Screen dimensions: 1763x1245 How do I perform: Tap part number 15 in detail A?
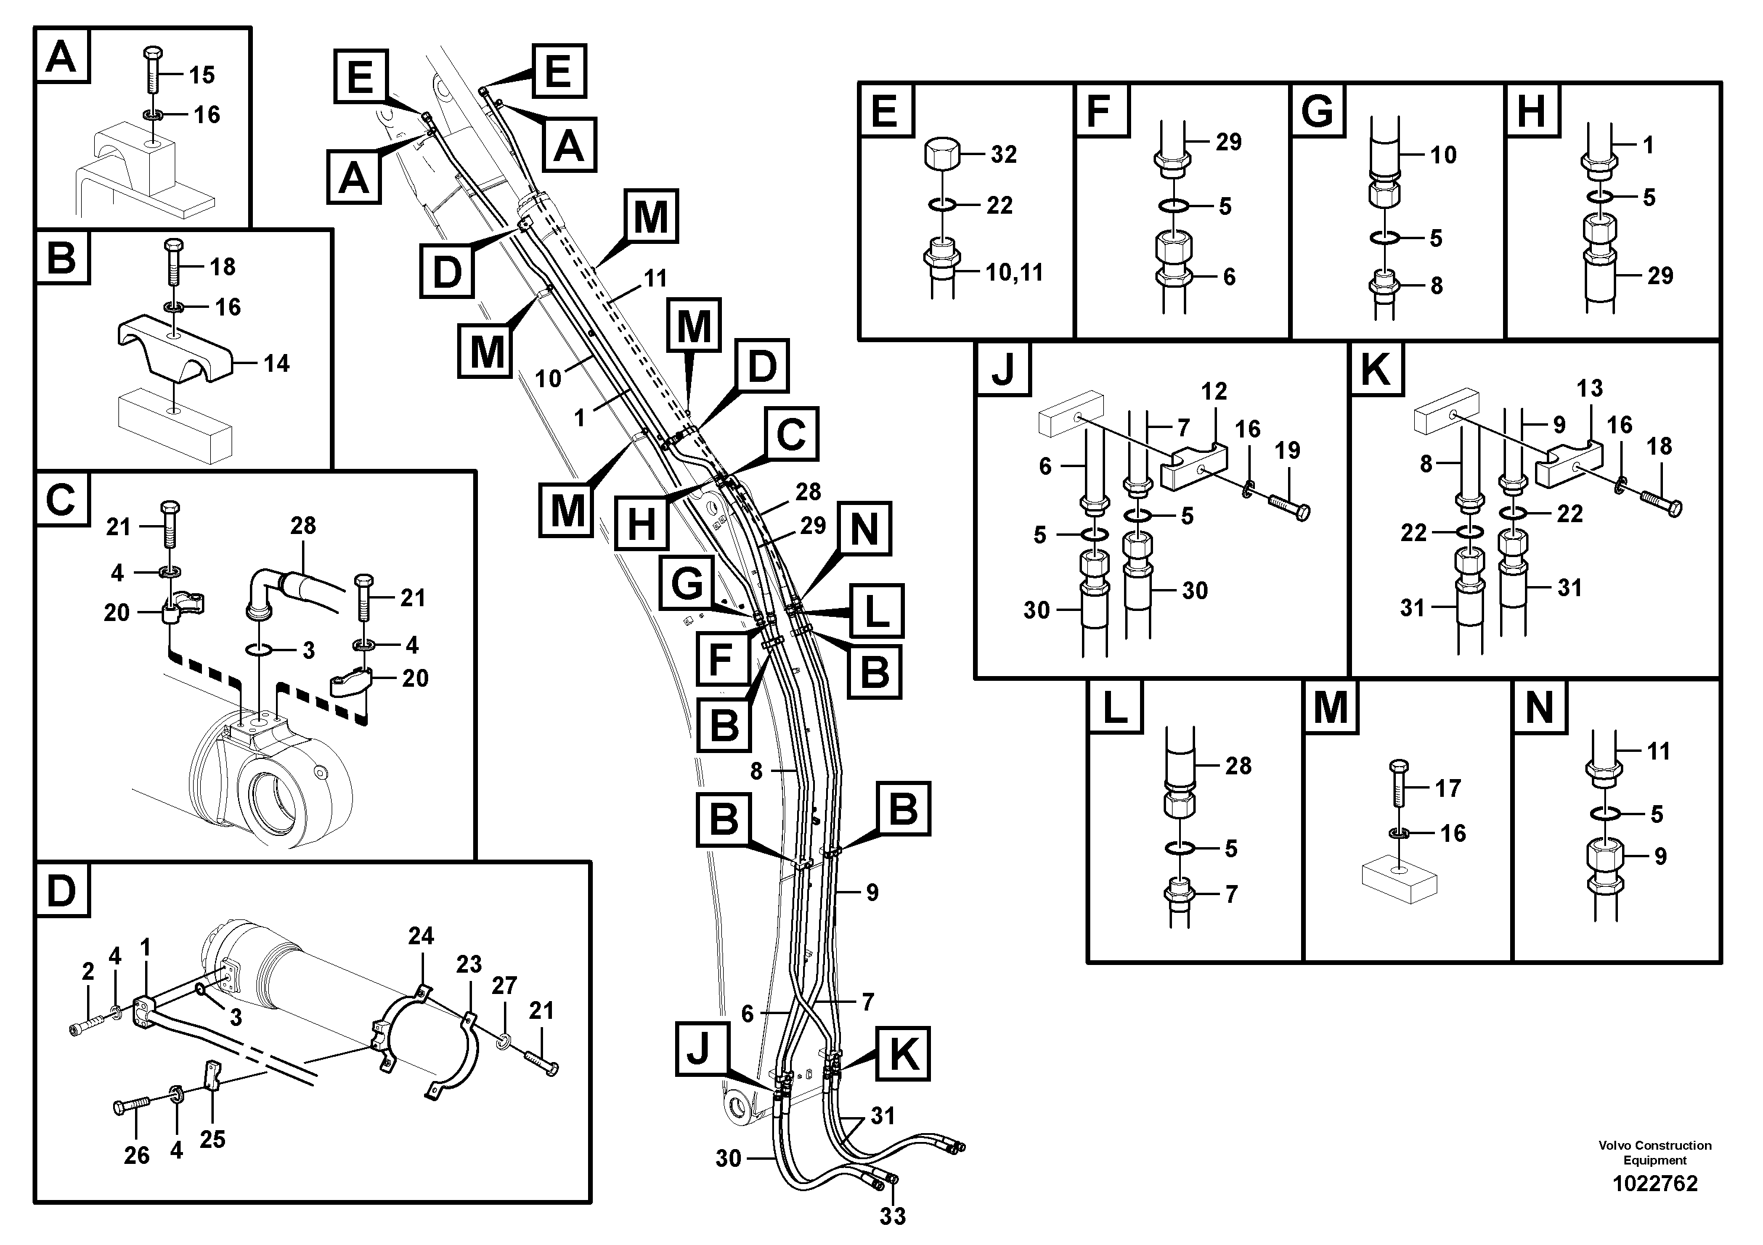coord(202,75)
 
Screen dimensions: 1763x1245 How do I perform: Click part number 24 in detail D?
coord(421,935)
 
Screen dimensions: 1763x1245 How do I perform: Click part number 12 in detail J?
coord(1214,391)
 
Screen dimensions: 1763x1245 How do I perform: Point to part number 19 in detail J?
coord(1287,450)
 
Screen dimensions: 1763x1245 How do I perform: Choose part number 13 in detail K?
coord(1589,388)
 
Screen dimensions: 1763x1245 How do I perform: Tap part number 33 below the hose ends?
coord(893,1216)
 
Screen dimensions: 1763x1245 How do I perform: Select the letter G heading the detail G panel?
coord(1318,111)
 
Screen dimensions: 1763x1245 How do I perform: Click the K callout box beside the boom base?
coord(903,1054)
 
